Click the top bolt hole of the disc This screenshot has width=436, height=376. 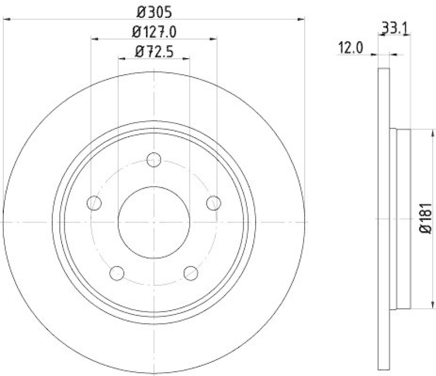tap(154, 160)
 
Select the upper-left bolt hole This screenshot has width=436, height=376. tap(95, 203)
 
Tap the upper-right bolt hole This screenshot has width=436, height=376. tap(214, 203)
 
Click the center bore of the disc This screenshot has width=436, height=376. tap(154, 222)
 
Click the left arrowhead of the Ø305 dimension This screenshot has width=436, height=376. tap(7, 20)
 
